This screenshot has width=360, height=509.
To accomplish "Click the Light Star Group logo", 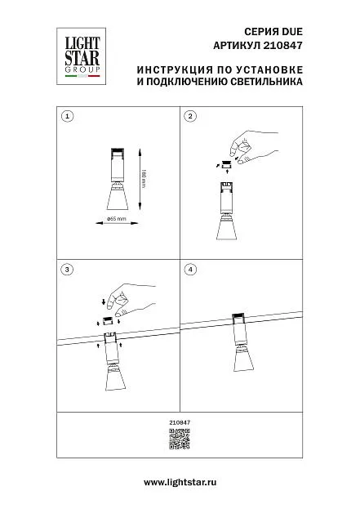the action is (82, 56).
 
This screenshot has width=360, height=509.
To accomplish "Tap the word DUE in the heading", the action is (292, 32).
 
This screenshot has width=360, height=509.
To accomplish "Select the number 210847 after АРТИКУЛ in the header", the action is (282, 45).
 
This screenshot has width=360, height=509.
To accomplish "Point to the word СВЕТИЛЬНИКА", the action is (267, 82).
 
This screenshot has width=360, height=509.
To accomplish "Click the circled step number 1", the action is (67, 116).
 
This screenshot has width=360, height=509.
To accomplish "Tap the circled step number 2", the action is (190, 116).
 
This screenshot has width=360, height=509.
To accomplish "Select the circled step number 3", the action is (67, 270).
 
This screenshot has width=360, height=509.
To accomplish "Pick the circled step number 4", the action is (190, 270).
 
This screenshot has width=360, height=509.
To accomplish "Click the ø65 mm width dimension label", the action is (117, 218).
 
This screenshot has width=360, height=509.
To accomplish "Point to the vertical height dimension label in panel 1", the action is (144, 179).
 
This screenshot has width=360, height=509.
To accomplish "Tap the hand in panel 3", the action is (131, 301).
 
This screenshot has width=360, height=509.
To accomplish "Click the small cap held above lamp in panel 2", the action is (226, 164).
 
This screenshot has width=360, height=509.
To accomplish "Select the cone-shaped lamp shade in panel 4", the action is (242, 360).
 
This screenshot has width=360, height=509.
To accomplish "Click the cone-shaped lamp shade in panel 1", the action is (118, 199).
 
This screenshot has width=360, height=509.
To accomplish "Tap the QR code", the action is (180, 439).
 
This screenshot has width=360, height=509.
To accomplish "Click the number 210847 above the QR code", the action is (180, 422).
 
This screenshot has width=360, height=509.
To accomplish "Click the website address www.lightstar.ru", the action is (180, 482).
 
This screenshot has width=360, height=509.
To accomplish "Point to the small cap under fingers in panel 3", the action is (109, 321).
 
